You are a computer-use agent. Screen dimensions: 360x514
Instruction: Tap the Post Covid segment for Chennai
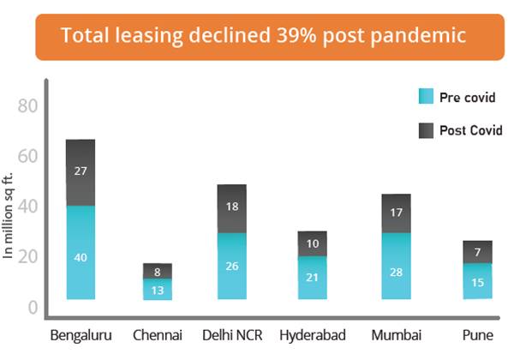click(157, 271)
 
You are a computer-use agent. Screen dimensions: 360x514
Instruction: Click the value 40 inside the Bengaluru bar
click(80, 257)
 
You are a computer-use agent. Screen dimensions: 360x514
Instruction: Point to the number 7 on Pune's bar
click(477, 253)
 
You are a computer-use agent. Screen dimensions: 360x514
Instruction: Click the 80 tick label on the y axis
click(28, 106)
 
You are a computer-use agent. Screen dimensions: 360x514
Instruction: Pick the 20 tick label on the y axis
click(28, 257)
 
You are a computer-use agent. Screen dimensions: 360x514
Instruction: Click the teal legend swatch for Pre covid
click(426, 96)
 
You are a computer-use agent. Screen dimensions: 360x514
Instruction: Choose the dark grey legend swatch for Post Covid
click(426, 130)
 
